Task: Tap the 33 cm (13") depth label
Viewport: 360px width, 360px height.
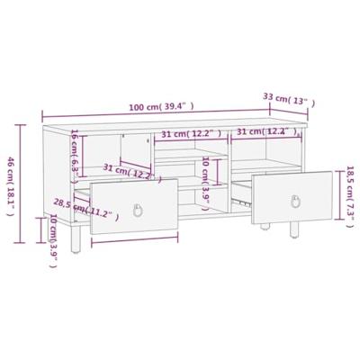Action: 287,96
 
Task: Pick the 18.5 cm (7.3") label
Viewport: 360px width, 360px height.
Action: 351,194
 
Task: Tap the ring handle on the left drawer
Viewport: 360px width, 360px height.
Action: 138,211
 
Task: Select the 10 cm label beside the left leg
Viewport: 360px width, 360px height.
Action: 52,238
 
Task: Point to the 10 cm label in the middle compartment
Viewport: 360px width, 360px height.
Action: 206,179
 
